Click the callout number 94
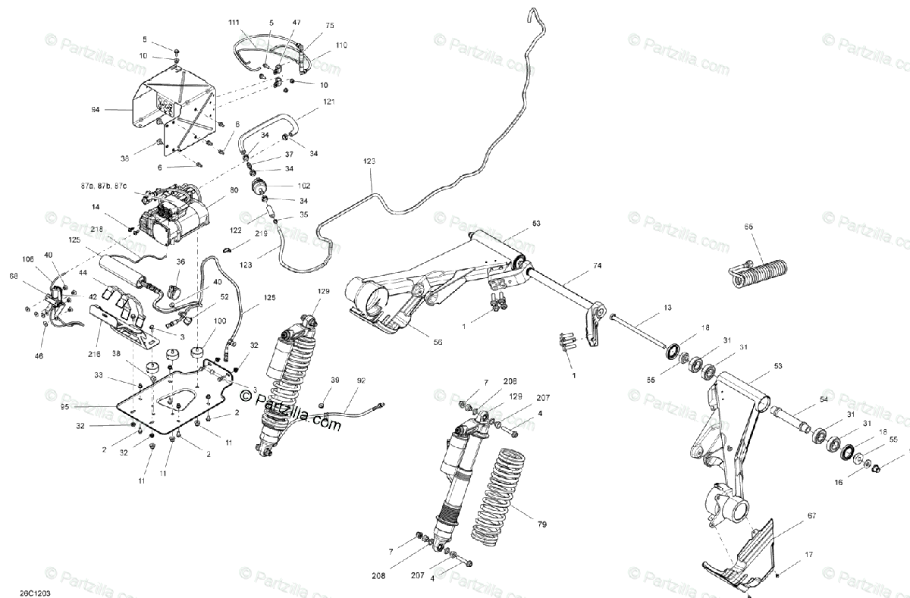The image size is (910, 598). [96, 110]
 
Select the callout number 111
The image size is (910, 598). [234, 23]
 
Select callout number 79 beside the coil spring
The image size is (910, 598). [541, 523]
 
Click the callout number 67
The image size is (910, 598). [811, 515]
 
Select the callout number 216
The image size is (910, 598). [93, 352]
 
